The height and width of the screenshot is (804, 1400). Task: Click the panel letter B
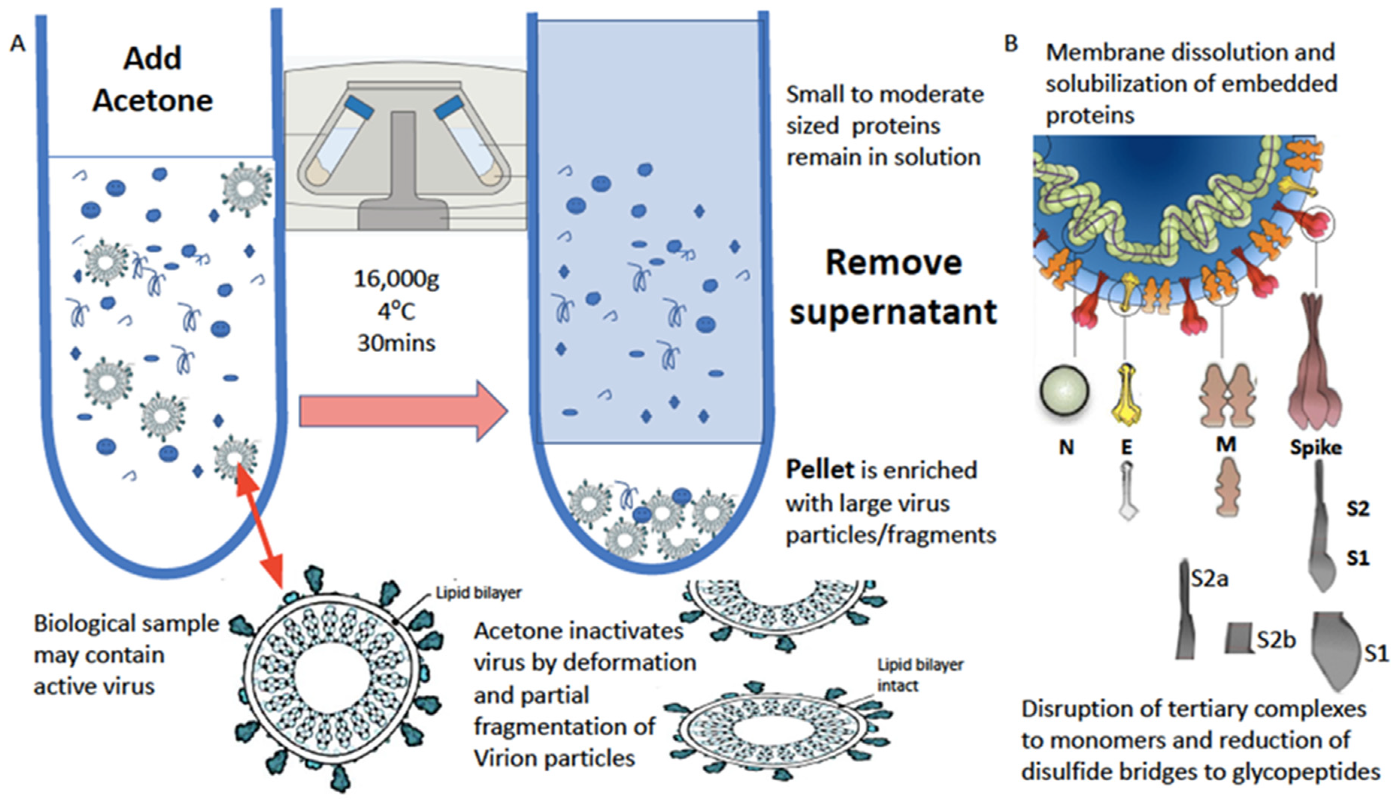[1011, 43]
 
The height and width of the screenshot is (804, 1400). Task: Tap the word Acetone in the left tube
[153, 101]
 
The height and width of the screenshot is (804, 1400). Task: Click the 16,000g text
[396, 279]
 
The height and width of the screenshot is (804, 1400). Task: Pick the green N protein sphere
[1064, 391]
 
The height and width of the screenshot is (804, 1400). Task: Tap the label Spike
[1315, 447]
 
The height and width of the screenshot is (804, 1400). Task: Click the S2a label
[1209, 579]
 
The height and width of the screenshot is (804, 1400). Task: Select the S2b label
[1276, 640]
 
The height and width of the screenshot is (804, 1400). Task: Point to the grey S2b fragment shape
[1239, 638]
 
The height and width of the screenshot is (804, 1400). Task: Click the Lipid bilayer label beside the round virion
[478, 593]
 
